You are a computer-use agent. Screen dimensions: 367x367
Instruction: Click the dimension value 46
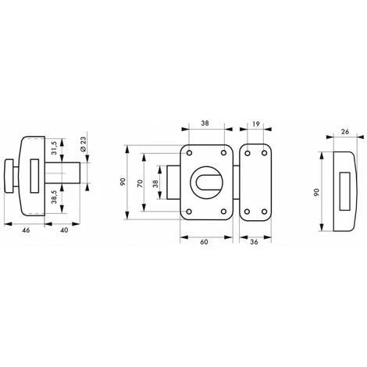click(x=26, y=230)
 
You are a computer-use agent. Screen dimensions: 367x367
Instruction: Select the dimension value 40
click(x=64, y=230)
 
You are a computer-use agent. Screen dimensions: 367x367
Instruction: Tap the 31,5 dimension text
click(x=54, y=148)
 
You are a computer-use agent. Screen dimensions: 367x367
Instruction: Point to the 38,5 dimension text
click(x=54, y=197)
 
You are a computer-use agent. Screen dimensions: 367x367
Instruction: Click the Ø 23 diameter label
click(x=83, y=144)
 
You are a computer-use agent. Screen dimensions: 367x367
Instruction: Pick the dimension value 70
click(x=140, y=183)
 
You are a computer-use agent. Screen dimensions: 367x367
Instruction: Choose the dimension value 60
click(x=204, y=242)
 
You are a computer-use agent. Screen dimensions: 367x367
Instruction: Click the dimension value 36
click(x=254, y=242)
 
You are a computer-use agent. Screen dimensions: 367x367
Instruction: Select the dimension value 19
click(x=256, y=124)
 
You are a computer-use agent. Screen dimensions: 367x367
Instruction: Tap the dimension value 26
click(x=345, y=132)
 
